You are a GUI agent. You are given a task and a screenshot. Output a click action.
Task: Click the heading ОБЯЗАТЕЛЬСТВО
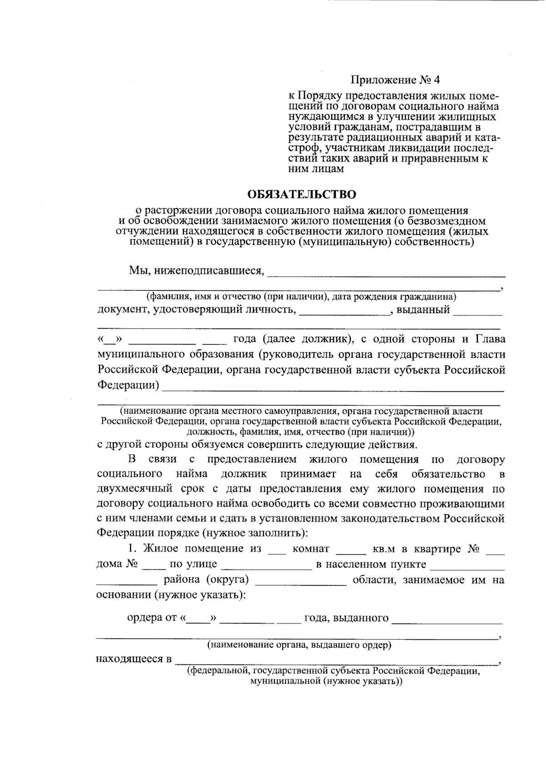coord(302,195)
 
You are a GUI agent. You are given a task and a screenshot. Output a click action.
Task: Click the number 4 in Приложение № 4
coord(437,80)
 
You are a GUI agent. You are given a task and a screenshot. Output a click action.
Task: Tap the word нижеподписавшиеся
coord(209,271)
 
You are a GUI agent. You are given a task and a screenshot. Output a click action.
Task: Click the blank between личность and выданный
coord(345,314)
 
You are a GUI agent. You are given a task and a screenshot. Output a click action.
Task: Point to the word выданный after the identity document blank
coord(423,310)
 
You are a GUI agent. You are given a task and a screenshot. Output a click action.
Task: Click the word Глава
coord(490,339)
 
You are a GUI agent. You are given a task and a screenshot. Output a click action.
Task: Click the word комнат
coord(311,549)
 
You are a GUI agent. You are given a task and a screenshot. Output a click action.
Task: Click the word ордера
coord(144,618)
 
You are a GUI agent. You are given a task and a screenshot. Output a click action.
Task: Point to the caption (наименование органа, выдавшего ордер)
coord(299,645)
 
